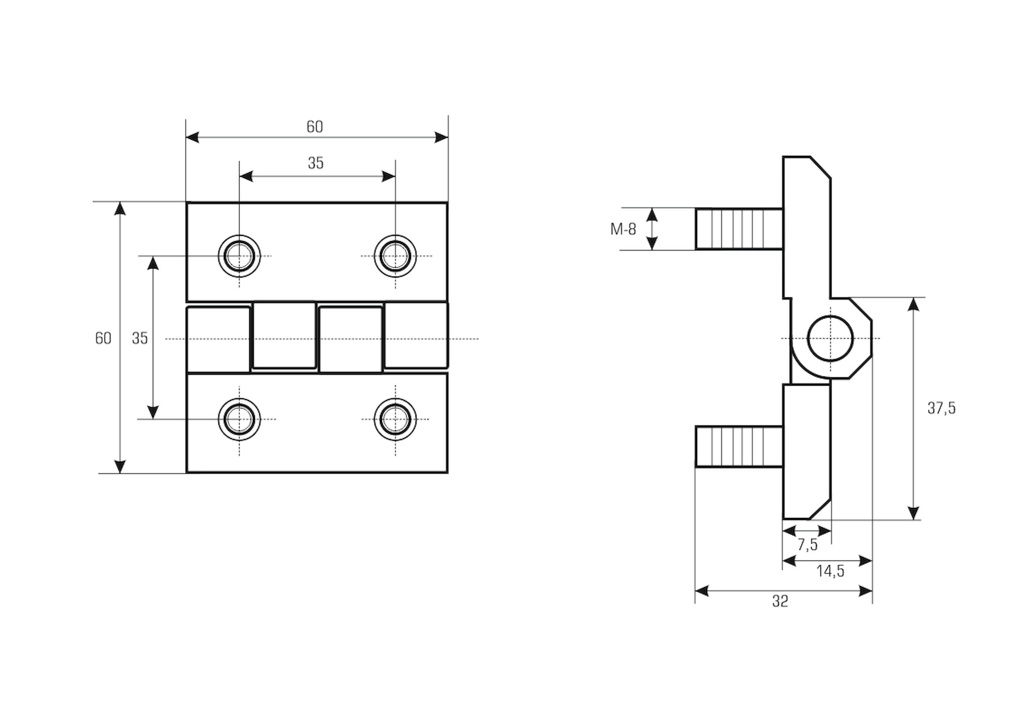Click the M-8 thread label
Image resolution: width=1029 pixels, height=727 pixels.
tap(623, 229)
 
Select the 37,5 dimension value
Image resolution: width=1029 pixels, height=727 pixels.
tap(942, 408)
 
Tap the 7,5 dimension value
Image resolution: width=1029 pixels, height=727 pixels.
tap(807, 545)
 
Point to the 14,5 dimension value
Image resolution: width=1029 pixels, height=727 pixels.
tap(830, 571)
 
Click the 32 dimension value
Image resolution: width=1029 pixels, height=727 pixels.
tap(780, 601)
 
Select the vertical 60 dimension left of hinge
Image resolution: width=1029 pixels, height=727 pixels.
tap(103, 338)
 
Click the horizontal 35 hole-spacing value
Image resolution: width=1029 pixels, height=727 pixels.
tap(315, 163)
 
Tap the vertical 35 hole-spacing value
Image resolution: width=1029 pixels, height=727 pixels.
tap(140, 338)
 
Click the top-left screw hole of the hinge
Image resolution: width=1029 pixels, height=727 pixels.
tap(239, 256)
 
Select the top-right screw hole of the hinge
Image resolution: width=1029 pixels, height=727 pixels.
tap(395, 256)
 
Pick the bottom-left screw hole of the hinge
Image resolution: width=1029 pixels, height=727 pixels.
tap(239, 419)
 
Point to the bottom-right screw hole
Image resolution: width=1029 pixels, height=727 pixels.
tap(395, 419)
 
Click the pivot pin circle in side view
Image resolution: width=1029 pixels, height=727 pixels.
tap(830, 338)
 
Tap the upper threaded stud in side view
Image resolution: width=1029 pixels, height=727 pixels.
tap(739, 229)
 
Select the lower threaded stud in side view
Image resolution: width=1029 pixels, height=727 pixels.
tap(739, 447)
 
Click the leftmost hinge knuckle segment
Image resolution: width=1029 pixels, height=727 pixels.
tap(218, 339)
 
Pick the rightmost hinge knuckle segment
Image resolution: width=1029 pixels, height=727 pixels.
tap(416, 335)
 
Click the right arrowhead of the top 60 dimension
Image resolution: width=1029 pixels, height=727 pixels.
tap(442, 138)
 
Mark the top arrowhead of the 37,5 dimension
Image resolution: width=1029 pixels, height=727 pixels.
tap(913, 305)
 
